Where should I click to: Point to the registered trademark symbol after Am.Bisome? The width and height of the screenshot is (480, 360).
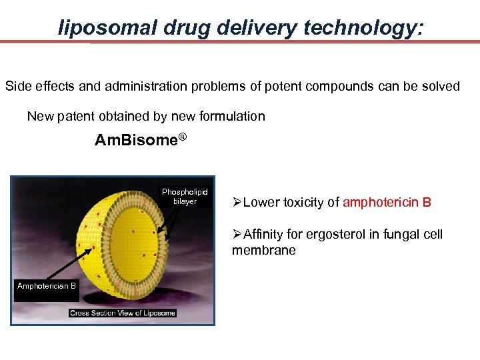[x=182, y=137]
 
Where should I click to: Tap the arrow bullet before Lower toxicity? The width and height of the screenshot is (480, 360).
[x=238, y=203]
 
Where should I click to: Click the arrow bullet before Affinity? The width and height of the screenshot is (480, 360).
[x=238, y=235]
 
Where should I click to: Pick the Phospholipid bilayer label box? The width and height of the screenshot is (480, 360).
[x=185, y=197]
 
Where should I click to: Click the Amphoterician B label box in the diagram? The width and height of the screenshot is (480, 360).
[x=47, y=286]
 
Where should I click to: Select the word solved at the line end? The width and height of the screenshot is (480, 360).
[x=439, y=87]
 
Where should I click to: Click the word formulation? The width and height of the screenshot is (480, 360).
[x=231, y=117]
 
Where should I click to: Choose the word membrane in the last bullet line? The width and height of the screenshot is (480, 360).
[x=263, y=250]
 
